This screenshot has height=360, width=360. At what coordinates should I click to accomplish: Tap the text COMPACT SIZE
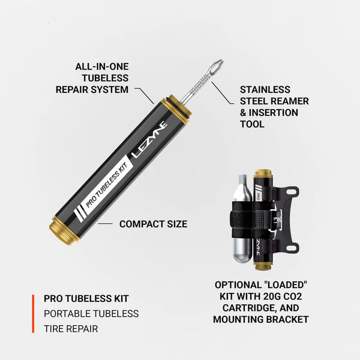(x=153, y=224)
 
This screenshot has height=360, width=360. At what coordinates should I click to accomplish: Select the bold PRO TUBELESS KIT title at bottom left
(x=86, y=298)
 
